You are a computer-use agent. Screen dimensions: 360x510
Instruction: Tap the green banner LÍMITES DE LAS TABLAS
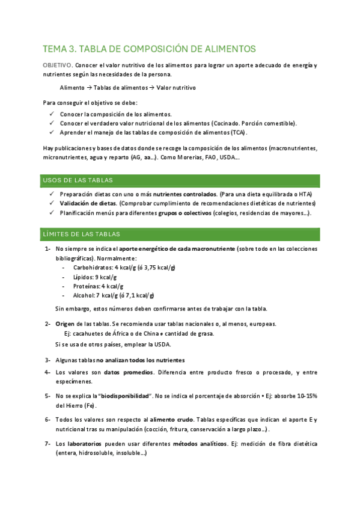181,234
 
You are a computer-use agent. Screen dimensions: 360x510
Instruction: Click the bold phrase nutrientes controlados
185,195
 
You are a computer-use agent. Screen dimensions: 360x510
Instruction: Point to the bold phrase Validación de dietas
87,204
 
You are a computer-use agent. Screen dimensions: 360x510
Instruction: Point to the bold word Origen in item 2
65,324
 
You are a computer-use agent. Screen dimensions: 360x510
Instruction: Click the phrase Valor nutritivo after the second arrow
176,88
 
